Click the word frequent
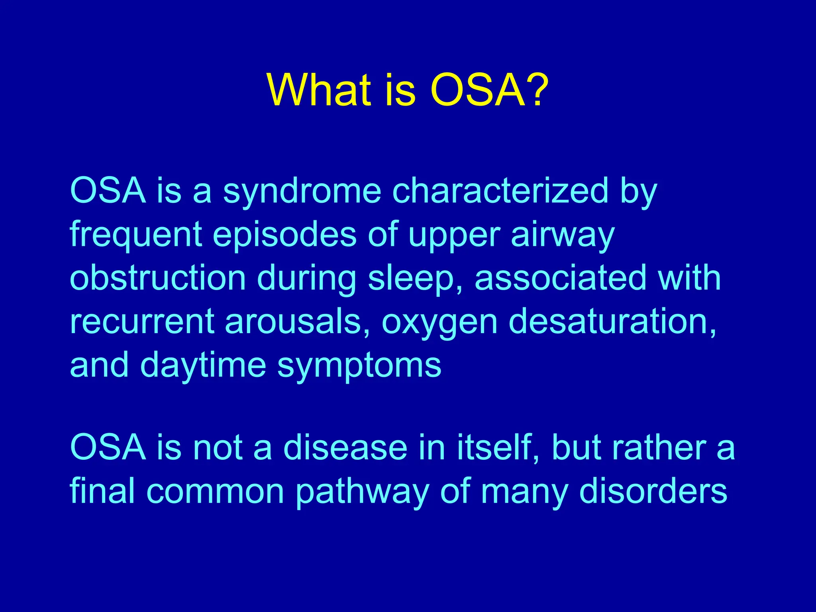pos(136,235)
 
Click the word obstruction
pos(158,278)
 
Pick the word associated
pos(560,278)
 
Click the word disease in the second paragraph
pos(345,448)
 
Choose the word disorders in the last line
pos(653,491)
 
